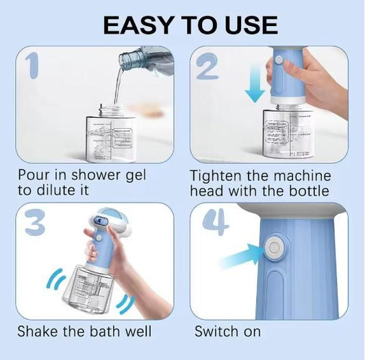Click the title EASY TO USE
190,25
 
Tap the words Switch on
227,332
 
